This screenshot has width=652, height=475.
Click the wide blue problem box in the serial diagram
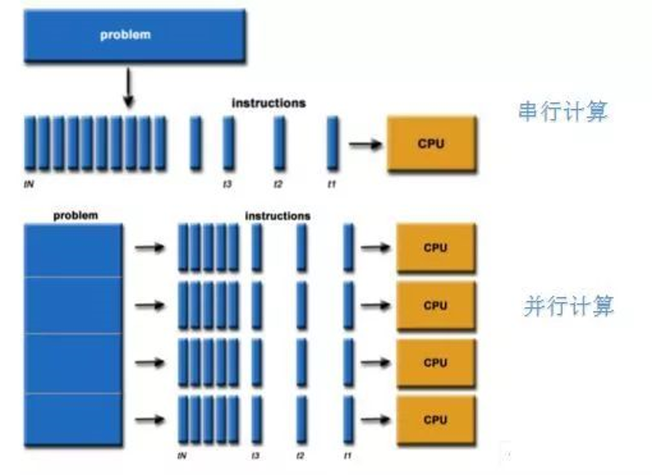click(135, 36)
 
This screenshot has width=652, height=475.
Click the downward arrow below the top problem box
click(128, 88)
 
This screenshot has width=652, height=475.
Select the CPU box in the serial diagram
click(432, 143)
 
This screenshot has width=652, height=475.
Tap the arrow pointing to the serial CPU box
click(366, 144)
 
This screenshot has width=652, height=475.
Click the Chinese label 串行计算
click(563, 111)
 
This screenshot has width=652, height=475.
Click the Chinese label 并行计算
click(568, 306)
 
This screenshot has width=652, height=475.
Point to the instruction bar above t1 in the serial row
click(333, 143)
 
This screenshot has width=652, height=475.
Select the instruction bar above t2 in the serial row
click(280, 143)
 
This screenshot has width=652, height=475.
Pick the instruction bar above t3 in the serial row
click(229, 143)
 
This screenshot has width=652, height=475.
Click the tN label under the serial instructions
click(29, 183)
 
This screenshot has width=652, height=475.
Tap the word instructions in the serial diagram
click(268, 103)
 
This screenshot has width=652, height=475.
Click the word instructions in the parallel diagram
click(278, 215)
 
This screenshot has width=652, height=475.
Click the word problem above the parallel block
click(76, 215)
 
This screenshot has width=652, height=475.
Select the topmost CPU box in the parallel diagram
click(436, 248)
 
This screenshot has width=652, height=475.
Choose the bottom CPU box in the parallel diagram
click(436, 420)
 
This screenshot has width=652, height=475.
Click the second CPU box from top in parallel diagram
click(436, 306)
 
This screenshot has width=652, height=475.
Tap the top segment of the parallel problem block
click(73, 251)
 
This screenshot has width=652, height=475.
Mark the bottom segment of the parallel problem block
click(73, 420)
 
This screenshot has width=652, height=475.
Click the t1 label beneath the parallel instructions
click(348, 456)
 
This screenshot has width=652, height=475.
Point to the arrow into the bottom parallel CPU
click(375, 419)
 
